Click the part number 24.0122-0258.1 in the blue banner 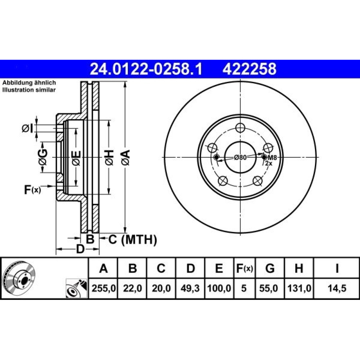tap(146, 69)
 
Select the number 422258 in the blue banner tap(249, 69)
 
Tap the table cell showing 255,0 tap(103, 288)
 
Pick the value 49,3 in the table tap(190, 288)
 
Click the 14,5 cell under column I tap(337, 288)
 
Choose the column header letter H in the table tap(299, 268)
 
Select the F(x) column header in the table tap(244, 268)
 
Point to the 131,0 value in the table tap(299, 288)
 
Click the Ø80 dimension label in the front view tap(240, 157)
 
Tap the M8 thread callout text tap(273, 158)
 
